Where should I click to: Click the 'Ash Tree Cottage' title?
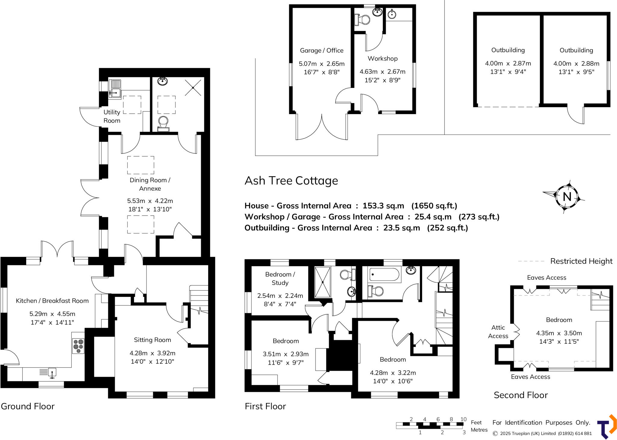coord(291,181)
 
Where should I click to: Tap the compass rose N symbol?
coord(567,197)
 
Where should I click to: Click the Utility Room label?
coord(112,116)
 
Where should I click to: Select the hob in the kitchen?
coord(78,346)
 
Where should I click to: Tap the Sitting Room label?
coord(152,340)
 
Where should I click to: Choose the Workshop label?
coord(382,58)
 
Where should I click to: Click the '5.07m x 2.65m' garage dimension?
coord(321,64)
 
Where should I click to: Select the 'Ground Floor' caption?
coord(28,406)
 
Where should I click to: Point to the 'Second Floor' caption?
coord(521,395)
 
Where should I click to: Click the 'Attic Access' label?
coord(498,332)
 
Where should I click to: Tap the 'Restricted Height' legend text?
coord(581,261)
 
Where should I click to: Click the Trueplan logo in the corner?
coord(607,427)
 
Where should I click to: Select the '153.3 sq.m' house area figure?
coord(383,206)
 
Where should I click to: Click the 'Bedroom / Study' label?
coord(280,279)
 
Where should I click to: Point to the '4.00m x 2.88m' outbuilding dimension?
coord(576,64)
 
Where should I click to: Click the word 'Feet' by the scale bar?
coord(476,423)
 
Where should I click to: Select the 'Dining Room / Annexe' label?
coord(150,184)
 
